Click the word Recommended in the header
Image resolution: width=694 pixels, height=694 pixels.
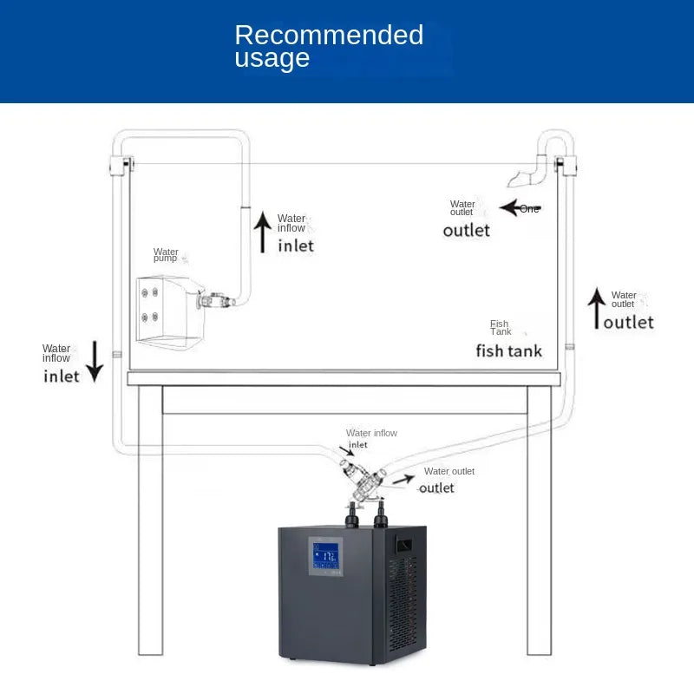329,35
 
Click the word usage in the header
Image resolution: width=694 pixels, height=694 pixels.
272,58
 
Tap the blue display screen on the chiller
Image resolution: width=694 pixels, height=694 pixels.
326,556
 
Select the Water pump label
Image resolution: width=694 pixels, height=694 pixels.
166,254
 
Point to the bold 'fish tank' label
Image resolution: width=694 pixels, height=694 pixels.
509,351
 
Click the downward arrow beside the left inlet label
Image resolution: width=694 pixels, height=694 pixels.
95,361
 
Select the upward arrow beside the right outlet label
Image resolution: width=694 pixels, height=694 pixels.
597,309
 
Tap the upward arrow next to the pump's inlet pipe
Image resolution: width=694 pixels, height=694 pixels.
263,232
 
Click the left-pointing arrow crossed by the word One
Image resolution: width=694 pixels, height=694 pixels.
520,207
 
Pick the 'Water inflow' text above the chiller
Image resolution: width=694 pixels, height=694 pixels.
371,433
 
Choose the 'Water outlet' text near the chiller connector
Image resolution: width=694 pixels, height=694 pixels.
448,471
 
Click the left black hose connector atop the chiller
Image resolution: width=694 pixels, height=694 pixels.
352,515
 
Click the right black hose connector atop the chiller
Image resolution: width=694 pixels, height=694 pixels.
381,514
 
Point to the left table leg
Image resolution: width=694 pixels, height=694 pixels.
150,520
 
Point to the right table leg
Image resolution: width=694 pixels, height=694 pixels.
540,520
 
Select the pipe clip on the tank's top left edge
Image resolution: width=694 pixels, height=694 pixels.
121,166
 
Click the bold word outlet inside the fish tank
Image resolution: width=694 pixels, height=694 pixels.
466,230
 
